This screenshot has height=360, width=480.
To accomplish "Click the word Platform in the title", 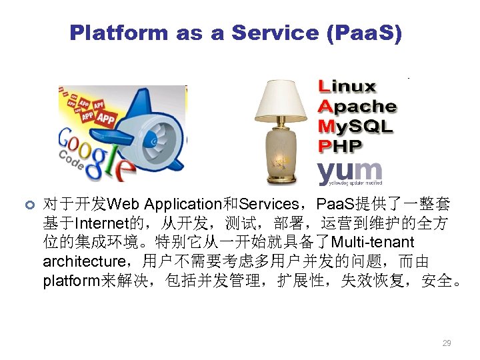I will coord(118,33).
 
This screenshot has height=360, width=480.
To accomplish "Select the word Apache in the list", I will coord(357,107).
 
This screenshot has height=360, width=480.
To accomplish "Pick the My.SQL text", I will coord(355,126).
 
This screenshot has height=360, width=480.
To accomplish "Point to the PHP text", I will coord(340,145).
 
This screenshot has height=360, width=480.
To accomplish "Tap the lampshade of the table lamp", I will coord(283,101).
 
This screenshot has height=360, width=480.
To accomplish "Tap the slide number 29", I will coord(447,343).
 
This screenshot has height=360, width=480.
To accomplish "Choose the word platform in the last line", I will coord(70,280).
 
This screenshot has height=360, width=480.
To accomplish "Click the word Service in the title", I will coord(271,33).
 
